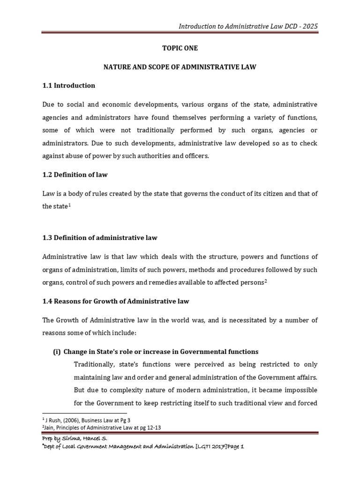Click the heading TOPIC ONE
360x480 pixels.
(x=180, y=48)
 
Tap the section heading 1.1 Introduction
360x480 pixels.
(x=68, y=85)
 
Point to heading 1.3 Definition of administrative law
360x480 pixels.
(x=100, y=238)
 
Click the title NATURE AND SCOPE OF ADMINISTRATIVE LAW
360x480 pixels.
(x=180, y=67)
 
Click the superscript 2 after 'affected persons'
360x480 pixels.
(x=265, y=280)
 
